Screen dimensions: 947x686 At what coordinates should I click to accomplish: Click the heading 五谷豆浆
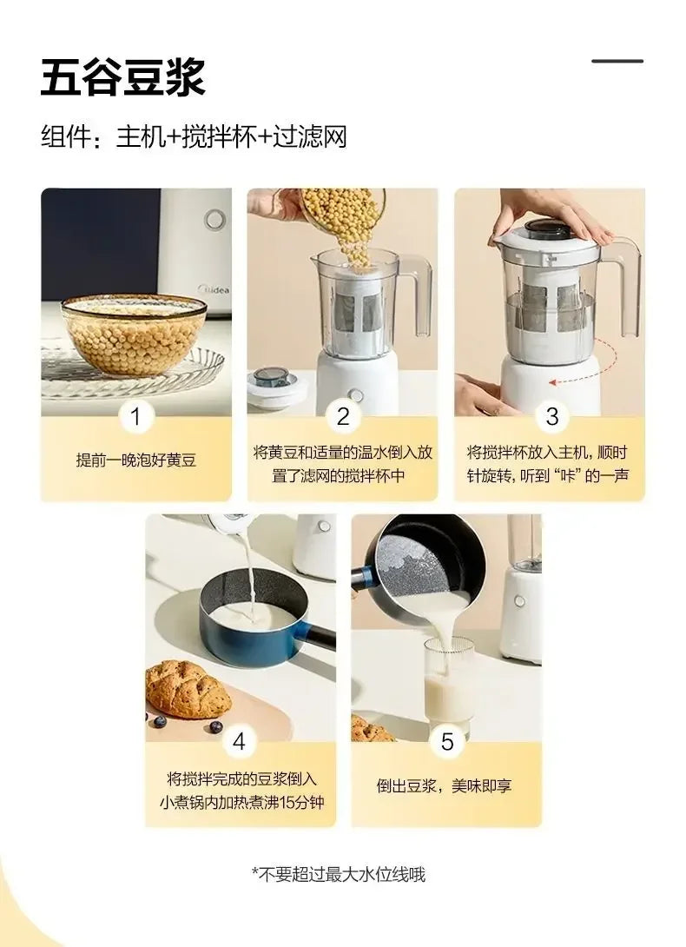[x=122, y=78]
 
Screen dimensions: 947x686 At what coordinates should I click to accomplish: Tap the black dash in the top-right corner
[x=617, y=61]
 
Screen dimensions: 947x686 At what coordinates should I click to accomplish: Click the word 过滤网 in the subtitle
[x=310, y=137]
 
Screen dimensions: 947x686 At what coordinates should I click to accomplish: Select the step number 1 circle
[x=135, y=417]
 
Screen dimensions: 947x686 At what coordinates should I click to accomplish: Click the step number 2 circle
[x=343, y=417]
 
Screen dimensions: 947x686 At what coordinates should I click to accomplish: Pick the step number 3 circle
[x=551, y=417]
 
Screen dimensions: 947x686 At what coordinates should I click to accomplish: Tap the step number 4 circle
[x=240, y=742]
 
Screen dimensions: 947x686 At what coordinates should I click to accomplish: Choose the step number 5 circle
[x=447, y=742]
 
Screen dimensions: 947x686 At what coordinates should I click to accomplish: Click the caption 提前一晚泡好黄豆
[x=136, y=460]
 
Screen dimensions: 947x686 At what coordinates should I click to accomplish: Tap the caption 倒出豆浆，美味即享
[x=445, y=785]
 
